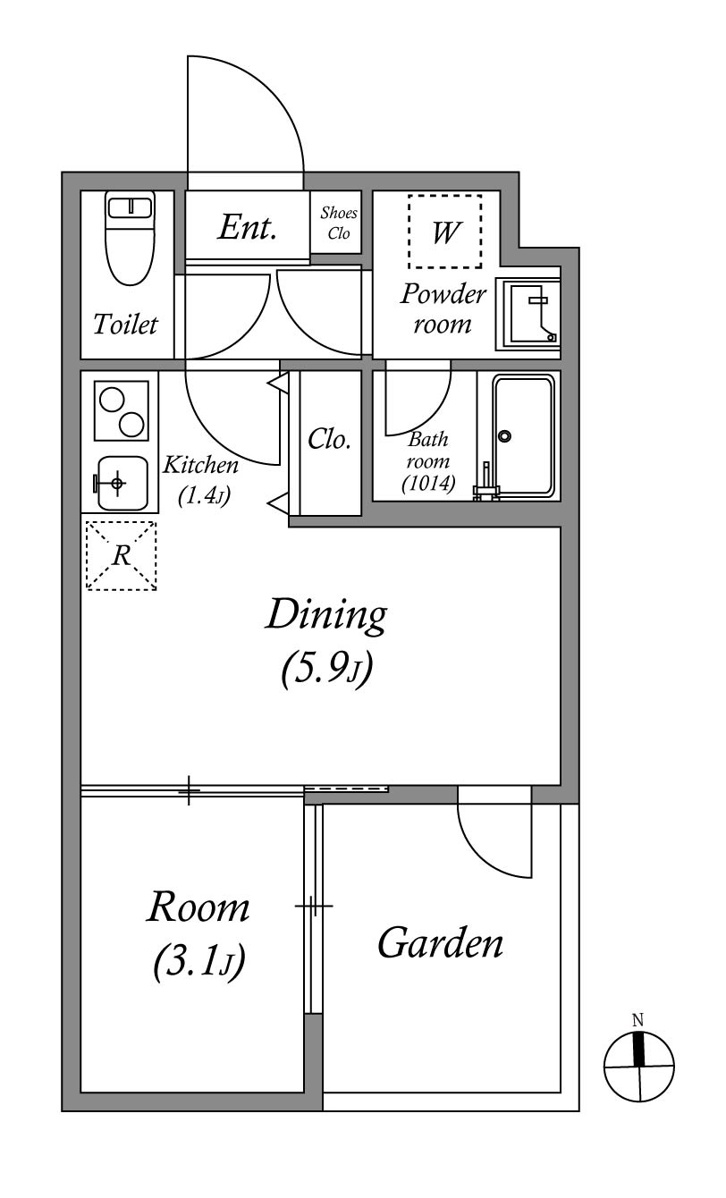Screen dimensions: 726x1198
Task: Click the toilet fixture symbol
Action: point(130,238)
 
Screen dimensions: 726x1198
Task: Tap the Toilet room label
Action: point(126,325)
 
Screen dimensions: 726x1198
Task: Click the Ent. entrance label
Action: point(247,227)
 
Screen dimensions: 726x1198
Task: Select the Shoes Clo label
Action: point(339,223)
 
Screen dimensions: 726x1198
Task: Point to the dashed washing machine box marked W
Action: point(445,232)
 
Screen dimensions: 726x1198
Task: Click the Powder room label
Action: point(443,308)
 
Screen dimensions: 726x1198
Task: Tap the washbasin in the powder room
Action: point(528,315)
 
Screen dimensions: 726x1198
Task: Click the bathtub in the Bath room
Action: point(523,436)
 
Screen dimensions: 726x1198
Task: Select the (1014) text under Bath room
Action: point(428,483)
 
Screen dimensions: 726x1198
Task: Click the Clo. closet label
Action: point(329,440)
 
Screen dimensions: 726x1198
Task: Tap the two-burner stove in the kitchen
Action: point(122,410)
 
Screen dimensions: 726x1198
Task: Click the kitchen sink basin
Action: point(122,484)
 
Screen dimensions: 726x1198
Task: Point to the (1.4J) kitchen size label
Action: point(204,496)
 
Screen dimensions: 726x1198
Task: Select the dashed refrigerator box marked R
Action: point(122,556)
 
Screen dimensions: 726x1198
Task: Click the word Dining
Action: point(326,616)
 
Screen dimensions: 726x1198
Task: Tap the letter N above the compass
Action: point(637,1020)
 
